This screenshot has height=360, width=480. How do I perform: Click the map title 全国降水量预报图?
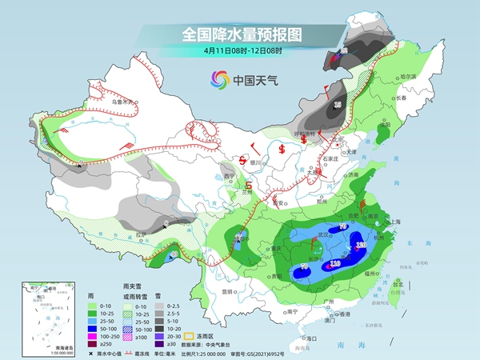(239, 34)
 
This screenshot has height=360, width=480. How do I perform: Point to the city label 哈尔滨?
(409, 76)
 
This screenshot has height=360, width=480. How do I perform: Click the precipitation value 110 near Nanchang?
(335, 262)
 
